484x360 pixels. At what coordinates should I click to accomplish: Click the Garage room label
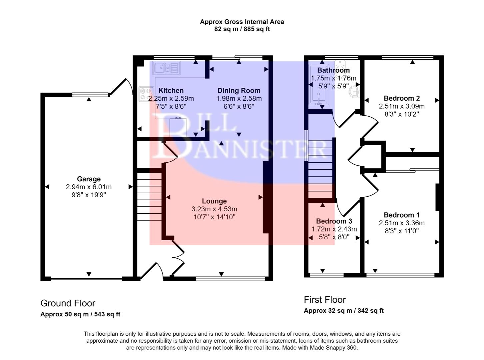pyautogui.click(x=89, y=179)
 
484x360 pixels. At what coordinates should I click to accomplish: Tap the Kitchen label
pyautogui.click(x=171, y=91)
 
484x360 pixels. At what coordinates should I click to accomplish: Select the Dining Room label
pyautogui.click(x=239, y=91)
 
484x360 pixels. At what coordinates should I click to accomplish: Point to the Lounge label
pyautogui.click(x=214, y=201)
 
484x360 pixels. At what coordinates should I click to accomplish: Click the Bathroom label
pyautogui.click(x=333, y=70)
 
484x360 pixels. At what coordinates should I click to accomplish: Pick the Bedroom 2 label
pyautogui.click(x=402, y=98)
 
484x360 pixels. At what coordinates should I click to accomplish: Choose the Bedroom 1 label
pyautogui.click(x=402, y=215)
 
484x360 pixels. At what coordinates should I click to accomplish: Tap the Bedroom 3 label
pyautogui.click(x=334, y=221)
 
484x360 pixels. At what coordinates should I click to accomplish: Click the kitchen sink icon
pyautogui.click(x=166, y=68)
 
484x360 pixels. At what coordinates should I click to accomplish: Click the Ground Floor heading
pyautogui.click(x=68, y=303)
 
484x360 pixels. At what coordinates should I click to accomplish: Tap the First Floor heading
pyautogui.click(x=325, y=300)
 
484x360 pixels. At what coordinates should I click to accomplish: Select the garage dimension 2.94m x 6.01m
pyautogui.click(x=89, y=187)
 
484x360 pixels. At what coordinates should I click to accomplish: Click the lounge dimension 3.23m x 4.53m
pyautogui.click(x=214, y=209)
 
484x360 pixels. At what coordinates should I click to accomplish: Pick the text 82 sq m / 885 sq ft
pyautogui.click(x=242, y=29)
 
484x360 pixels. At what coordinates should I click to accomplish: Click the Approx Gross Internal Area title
pyautogui.click(x=242, y=22)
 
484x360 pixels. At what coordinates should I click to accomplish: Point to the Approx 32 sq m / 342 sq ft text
pyautogui.click(x=343, y=311)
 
